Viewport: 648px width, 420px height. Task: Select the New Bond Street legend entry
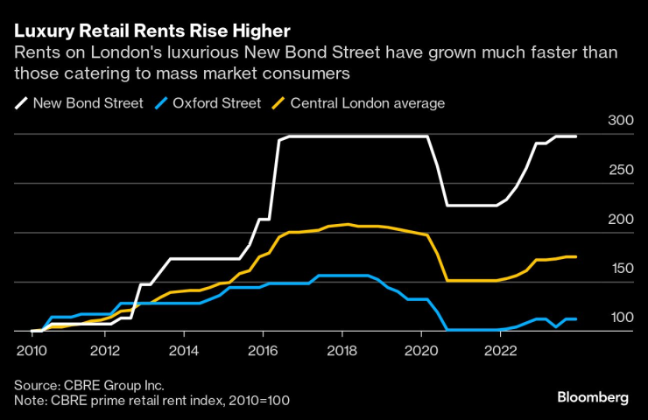click(x=79, y=103)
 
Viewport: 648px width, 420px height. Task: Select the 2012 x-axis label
click(x=105, y=352)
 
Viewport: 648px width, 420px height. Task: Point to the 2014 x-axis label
click(x=183, y=352)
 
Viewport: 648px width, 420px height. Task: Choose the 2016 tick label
click(x=261, y=352)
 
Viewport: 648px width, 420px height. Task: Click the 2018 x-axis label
click(x=339, y=352)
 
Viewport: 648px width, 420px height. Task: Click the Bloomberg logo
click(x=593, y=397)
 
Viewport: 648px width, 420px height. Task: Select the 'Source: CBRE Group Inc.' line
click(x=88, y=384)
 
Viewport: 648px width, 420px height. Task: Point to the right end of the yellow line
click(x=575, y=256)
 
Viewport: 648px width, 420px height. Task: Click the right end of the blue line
click(x=575, y=319)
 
